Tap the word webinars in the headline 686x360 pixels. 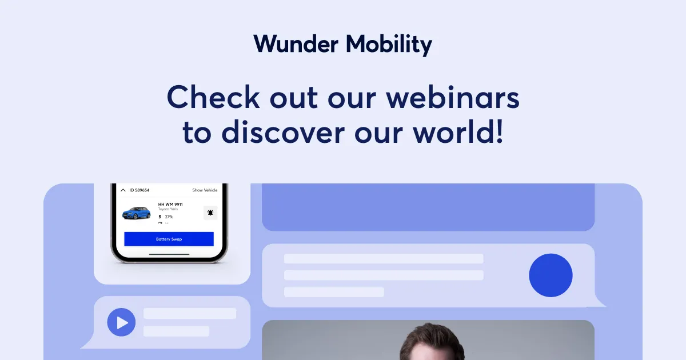452,97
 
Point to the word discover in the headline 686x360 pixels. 284,132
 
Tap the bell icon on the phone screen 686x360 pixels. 210,213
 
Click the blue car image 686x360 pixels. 137,213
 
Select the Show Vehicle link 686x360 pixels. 205,190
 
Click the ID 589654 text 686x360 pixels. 139,190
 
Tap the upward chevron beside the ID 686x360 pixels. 123,190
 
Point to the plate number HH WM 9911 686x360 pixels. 170,204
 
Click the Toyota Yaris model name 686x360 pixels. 168,209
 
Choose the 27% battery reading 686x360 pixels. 169,217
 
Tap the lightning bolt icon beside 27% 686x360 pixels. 160,217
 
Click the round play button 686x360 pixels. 121,322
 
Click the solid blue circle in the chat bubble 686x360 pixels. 551,275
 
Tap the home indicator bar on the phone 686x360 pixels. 169,254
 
